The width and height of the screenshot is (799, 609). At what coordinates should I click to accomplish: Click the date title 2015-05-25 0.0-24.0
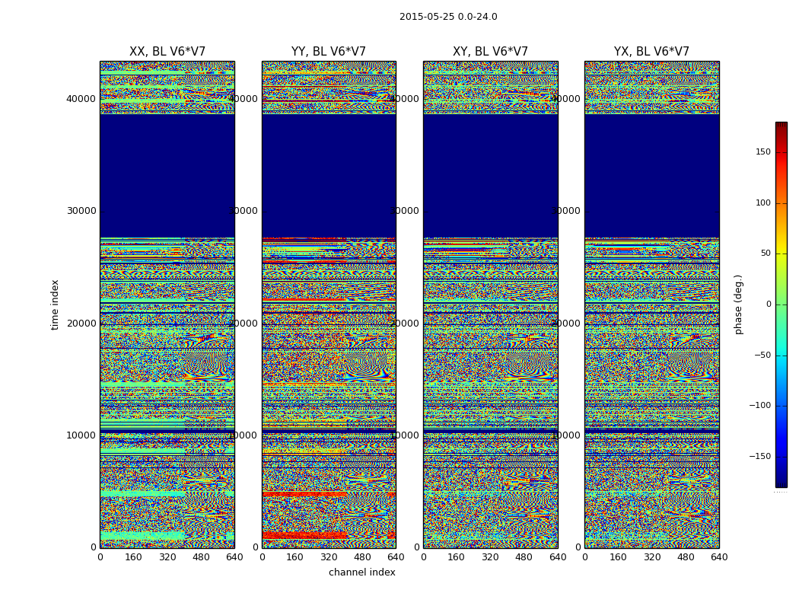click(x=448, y=17)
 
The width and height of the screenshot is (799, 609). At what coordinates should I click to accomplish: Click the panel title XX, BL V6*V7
click(x=167, y=52)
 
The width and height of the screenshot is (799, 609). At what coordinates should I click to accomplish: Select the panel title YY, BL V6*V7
click(x=329, y=52)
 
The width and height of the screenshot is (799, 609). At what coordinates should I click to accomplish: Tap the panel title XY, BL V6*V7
click(x=490, y=52)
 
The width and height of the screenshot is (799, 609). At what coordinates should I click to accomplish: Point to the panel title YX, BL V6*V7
click(x=651, y=52)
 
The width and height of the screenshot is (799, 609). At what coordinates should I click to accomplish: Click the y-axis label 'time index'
click(x=55, y=304)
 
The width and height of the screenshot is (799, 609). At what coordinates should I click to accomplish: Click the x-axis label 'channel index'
click(x=362, y=572)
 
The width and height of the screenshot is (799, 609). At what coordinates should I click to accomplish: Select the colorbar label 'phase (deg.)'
click(x=739, y=304)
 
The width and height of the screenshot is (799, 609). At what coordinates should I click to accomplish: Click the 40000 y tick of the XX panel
click(x=81, y=98)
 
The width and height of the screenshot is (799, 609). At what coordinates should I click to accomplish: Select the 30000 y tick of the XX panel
click(x=81, y=211)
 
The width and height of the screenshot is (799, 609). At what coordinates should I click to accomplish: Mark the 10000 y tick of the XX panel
click(x=81, y=435)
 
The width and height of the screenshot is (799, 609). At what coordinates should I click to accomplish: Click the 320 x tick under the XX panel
click(x=167, y=557)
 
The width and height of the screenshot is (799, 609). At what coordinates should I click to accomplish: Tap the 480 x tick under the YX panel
click(x=686, y=557)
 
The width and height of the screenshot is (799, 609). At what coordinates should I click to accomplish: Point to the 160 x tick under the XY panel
click(x=457, y=557)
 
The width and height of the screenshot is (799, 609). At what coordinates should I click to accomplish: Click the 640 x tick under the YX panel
click(x=719, y=557)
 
